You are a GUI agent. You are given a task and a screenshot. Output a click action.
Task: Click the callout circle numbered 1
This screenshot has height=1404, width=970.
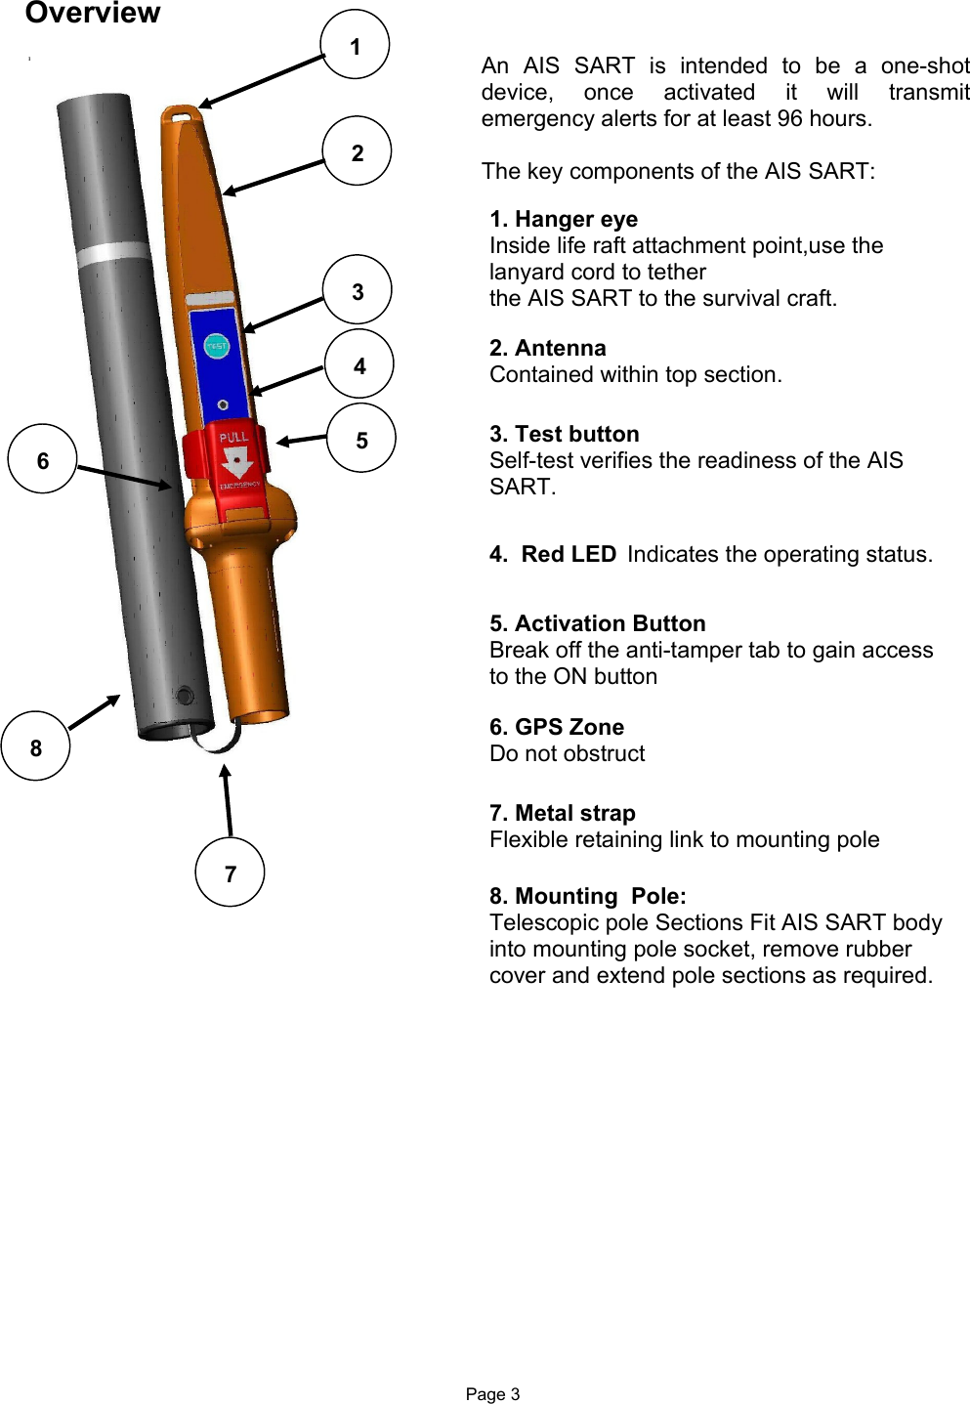point(355,45)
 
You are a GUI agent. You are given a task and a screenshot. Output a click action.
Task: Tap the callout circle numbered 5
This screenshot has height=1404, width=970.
point(361,439)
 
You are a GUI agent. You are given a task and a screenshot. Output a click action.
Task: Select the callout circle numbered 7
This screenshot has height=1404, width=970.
point(230,872)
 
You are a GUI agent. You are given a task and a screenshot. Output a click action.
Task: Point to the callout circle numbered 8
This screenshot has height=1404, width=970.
point(36,746)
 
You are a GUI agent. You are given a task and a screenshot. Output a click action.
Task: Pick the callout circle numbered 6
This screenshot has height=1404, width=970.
point(42,459)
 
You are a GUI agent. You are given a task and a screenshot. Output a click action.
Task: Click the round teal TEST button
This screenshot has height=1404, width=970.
point(216,346)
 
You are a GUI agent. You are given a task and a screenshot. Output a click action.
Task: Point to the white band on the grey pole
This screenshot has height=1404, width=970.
point(112,254)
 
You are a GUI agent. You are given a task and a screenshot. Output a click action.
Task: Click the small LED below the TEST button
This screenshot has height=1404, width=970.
point(224,404)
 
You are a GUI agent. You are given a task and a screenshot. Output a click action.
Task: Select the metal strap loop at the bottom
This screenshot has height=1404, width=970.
point(217,739)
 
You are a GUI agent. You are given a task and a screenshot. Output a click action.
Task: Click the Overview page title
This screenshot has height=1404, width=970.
point(93,14)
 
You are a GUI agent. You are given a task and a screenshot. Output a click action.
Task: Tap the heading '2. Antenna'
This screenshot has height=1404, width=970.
point(548,349)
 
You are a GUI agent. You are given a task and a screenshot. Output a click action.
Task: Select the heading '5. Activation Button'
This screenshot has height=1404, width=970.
point(598,624)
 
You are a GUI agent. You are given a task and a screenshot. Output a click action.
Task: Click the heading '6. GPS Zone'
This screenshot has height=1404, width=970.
point(557,728)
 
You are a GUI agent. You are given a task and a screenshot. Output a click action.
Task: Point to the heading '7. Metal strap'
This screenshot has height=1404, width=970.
point(563,814)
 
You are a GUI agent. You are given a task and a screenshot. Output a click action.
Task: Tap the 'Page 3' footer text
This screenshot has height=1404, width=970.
point(492,1394)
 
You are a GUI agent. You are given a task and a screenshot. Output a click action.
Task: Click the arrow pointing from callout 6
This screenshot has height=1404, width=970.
point(124,478)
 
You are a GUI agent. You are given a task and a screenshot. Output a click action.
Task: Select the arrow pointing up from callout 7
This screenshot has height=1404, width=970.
point(228,801)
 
